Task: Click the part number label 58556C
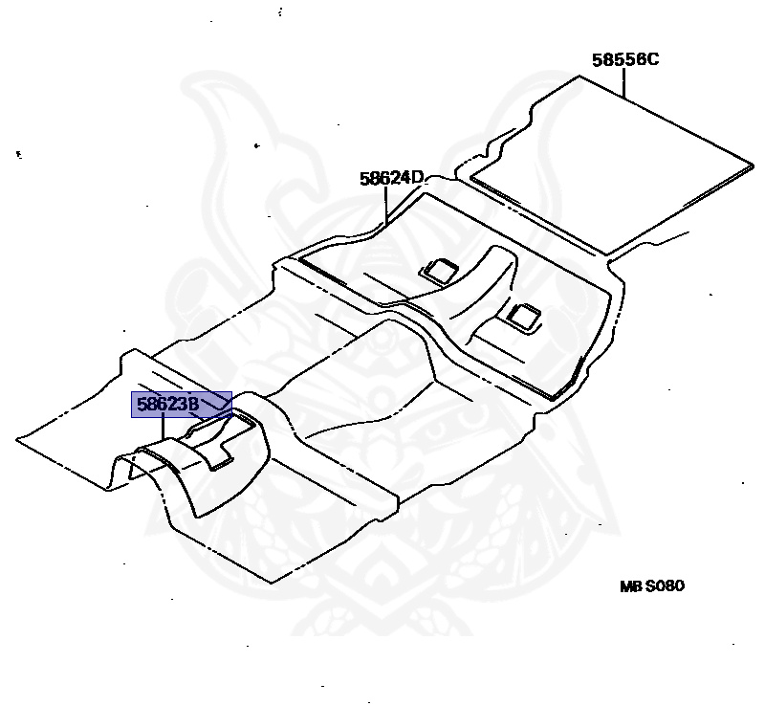click(624, 59)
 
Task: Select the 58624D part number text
click(391, 178)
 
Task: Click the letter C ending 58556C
click(652, 59)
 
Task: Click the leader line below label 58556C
click(624, 84)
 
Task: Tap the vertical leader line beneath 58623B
click(164, 430)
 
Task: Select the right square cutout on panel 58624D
click(523, 315)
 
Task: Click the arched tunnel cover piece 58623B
click(191, 469)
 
